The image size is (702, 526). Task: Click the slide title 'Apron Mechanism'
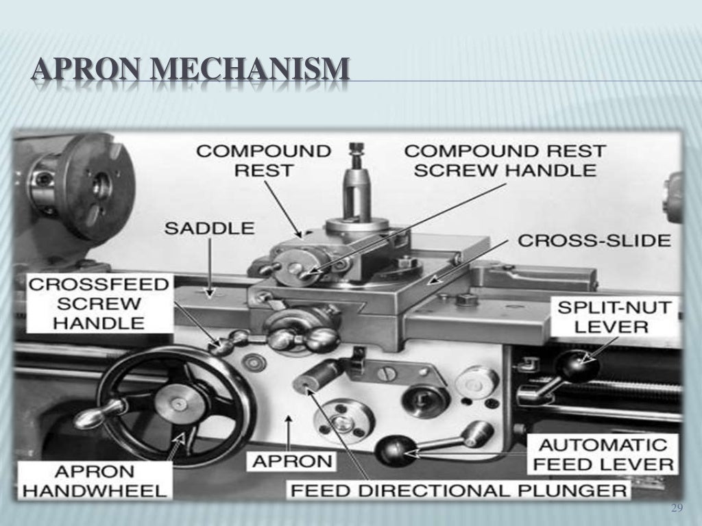coord(191,71)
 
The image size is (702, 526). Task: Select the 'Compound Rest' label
coord(263,160)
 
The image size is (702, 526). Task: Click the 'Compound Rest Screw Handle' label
coord(505,160)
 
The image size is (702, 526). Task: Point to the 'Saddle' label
coord(208,228)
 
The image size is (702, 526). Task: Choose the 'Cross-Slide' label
coord(594,241)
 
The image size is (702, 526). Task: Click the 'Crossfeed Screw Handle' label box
coord(98,303)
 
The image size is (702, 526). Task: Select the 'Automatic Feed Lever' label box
coord(603,454)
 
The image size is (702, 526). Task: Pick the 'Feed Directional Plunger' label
coord(459,490)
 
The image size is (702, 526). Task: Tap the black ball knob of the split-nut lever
coord(578,365)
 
